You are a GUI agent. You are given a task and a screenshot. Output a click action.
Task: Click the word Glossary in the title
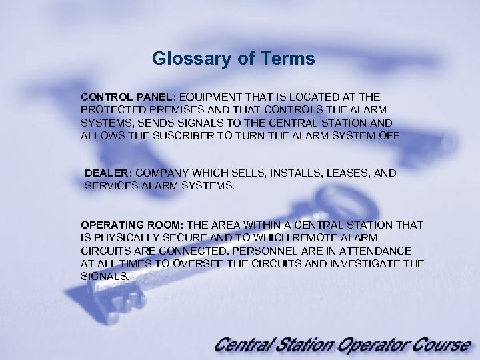pyautogui.click(x=185, y=59)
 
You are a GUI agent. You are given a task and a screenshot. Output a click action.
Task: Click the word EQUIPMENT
pyautogui.click(x=212, y=97)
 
